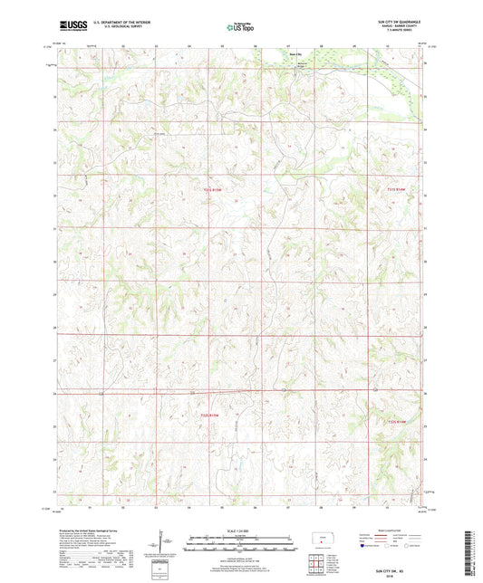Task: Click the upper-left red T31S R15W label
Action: pyautogui.click(x=210, y=188)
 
